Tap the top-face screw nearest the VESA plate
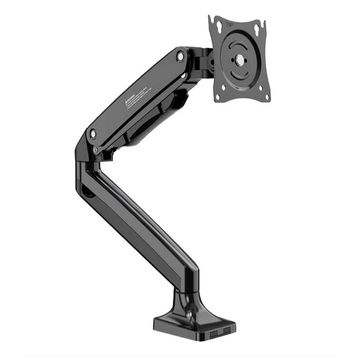[x=179, y=57]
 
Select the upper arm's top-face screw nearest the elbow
[x=93, y=131]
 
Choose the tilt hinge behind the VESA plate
[x=202, y=60]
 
